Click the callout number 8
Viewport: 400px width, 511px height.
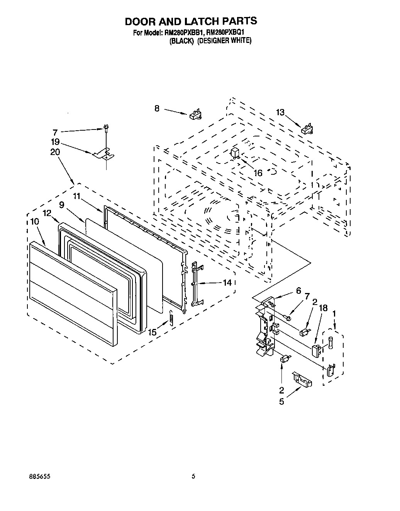tap(157, 109)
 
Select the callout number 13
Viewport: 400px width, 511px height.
tap(280, 112)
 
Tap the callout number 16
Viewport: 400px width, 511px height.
tap(258, 173)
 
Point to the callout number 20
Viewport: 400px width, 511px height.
tap(55, 152)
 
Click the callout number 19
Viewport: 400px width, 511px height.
tap(55, 142)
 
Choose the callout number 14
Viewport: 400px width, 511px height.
tap(227, 283)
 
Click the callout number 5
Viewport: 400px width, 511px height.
tap(281, 402)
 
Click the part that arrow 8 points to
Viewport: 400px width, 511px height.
tap(196, 115)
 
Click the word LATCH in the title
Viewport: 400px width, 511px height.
tap(198, 21)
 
